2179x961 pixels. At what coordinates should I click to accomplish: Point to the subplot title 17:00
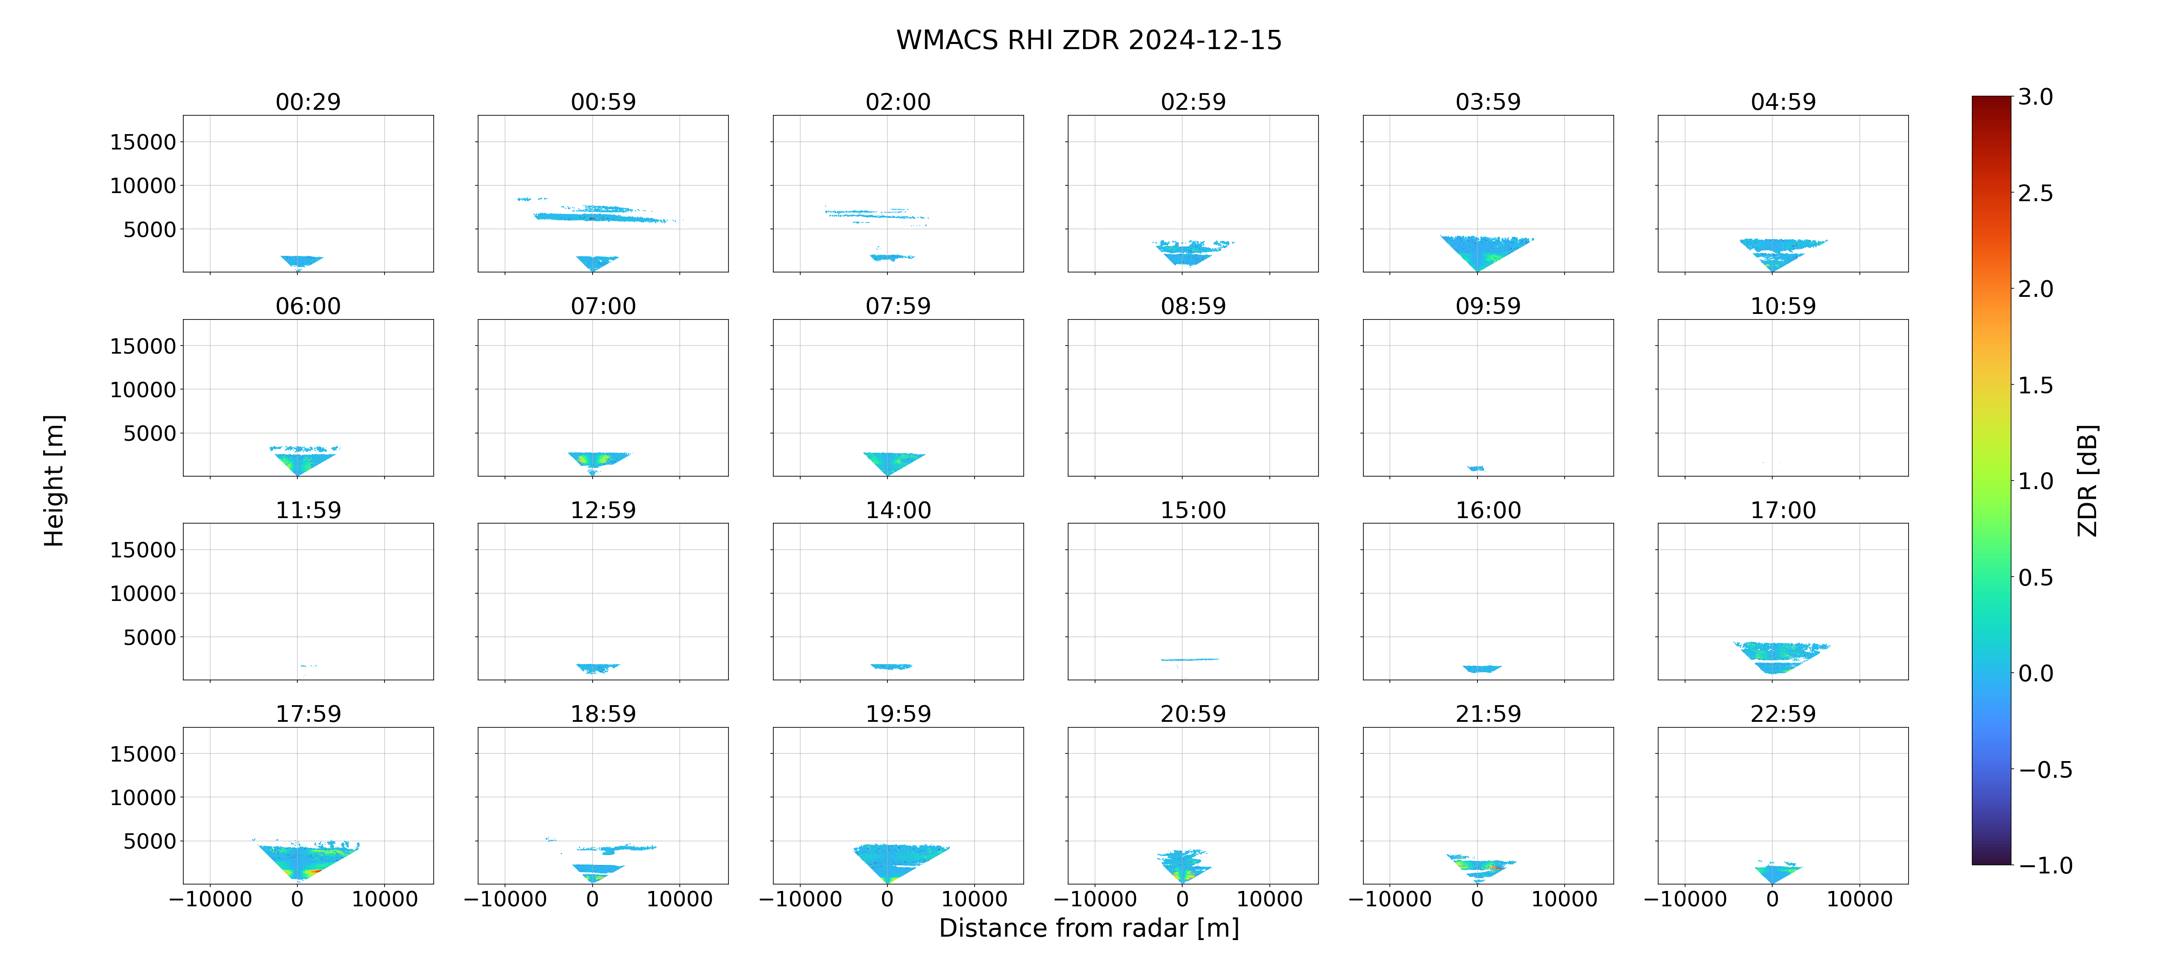coord(1783,510)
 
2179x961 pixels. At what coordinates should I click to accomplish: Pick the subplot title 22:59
coord(1783,714)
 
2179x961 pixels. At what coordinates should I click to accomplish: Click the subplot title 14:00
coord(899,510)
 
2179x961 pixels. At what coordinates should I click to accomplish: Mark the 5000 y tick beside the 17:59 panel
coord(150,841)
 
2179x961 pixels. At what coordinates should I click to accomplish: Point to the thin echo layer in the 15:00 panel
coord(1189,659)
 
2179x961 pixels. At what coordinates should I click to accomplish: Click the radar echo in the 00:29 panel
coord(301,261)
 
